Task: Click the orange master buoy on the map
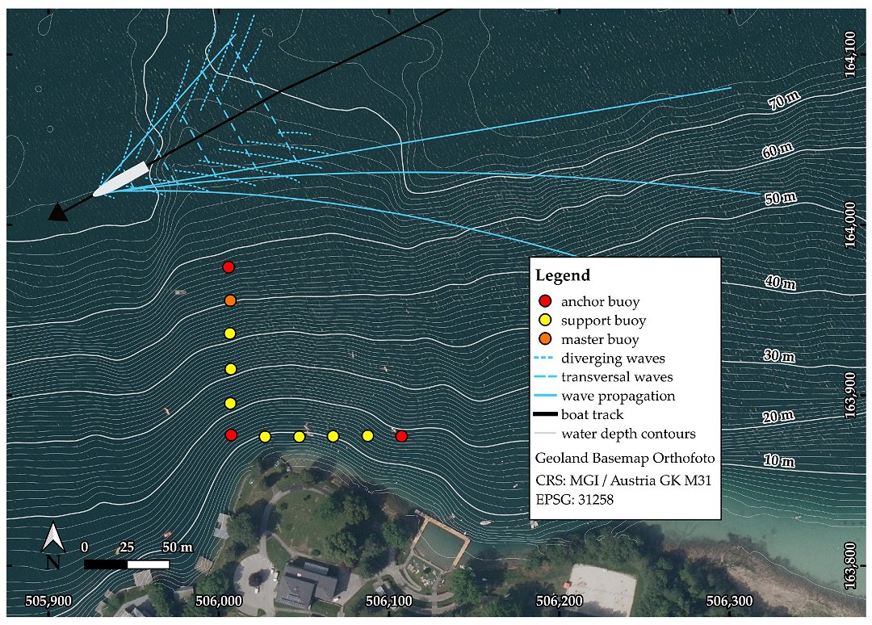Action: point(230,301)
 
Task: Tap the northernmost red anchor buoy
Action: point(228,267)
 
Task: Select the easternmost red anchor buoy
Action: point(401,437)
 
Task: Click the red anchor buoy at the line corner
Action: point(232,434)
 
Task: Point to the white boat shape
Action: point(121,179)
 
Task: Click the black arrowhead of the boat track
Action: point(58,212)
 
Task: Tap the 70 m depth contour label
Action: point(784,101)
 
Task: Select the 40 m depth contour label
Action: point(780,283)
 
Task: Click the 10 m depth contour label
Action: point(779,461)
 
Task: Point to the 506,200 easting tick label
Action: point(559,601)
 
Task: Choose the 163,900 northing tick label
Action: point(849,396)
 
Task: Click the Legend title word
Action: point(563,275)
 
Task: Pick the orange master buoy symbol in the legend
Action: point(546,338)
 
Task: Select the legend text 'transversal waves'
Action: point(617,377)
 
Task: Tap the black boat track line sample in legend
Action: point(545,414)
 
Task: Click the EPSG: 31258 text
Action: point(575,499)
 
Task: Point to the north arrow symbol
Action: point(52,546)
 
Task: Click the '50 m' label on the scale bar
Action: point(178,547)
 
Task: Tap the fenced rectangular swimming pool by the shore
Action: point(443,543)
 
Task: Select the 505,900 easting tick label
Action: point(49,601)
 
